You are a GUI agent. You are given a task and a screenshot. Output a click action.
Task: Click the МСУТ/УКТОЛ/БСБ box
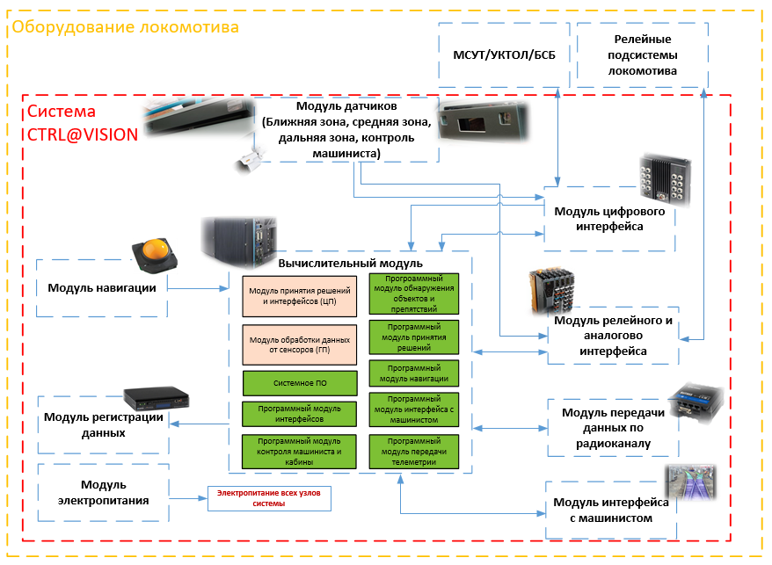pos(504,55)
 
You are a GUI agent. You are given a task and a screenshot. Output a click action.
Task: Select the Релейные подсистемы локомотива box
pos(642,54)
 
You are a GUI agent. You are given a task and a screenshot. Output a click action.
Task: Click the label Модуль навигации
pos(102,287)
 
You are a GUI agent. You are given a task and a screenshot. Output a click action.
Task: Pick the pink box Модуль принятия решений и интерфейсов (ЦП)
pos(300,296)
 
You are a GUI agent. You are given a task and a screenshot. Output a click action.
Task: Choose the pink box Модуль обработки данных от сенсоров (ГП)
pos(300,344)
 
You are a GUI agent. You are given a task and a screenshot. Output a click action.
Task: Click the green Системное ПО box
pos(300,383)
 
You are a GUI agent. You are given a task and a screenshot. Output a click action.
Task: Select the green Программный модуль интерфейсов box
pos(300,414)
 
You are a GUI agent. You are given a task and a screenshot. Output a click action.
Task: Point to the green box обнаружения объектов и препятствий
pos(414,293)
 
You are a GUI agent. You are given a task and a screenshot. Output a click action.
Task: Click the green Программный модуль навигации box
pos(414,373)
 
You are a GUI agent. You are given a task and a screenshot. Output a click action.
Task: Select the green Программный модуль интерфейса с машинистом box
pos(414,409)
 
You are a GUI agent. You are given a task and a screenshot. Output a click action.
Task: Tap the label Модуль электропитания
pos(103,492)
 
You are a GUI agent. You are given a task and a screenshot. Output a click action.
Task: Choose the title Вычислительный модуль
pos(350,263)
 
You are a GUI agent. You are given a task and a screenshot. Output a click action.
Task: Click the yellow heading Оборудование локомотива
pos(124,27)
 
